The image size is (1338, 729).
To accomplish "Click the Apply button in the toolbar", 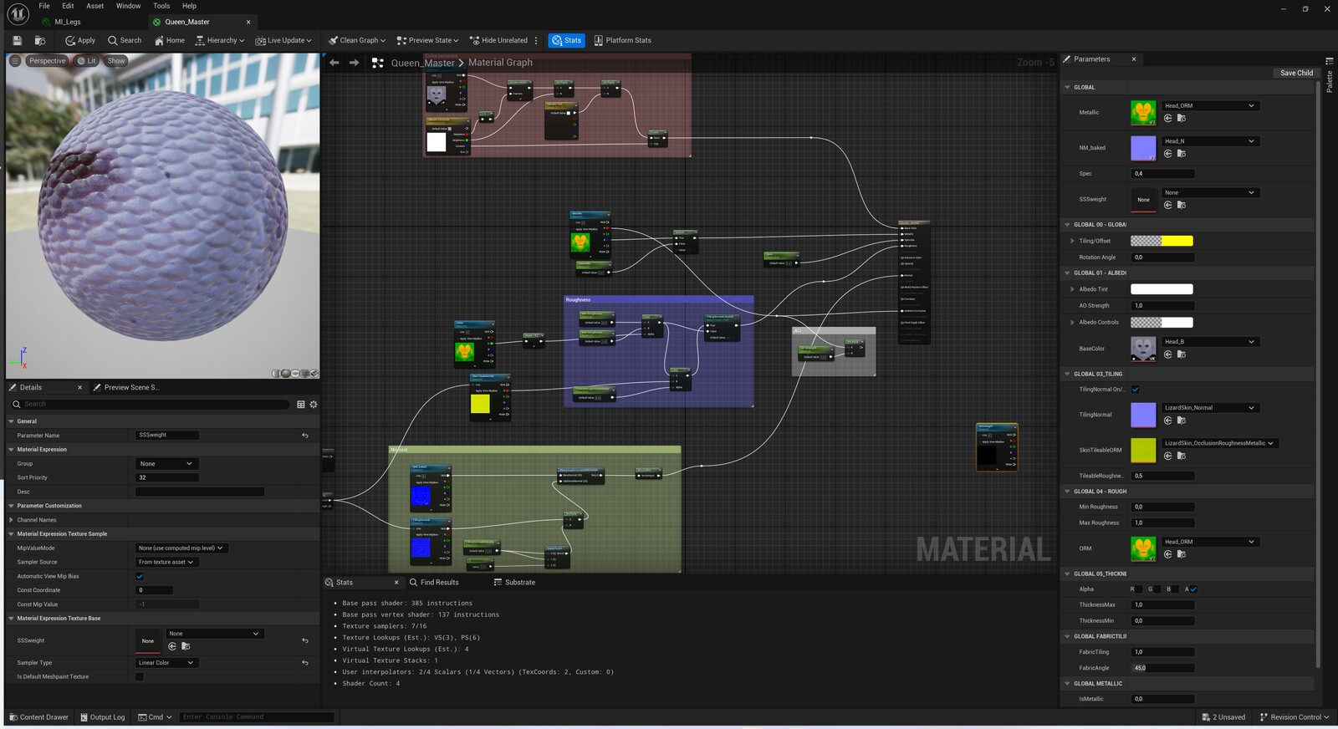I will coord(80,40).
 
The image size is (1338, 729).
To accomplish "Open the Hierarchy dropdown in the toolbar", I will coord(220,40).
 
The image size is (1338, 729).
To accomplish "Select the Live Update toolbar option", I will coord(283,40).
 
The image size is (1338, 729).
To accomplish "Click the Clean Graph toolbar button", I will coord(356,40).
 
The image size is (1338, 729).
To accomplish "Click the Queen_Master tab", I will coord(187,22).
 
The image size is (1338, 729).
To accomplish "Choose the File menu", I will coord(44,6).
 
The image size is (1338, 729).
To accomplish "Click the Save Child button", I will coord(1296,73).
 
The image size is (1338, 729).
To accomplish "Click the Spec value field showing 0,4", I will coord(1162,174).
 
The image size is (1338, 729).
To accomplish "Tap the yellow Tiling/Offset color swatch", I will coord(1177,241).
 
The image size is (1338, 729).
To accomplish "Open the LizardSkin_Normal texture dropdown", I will coord(1209,408).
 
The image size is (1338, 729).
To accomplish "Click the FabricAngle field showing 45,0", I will coord(1162,668).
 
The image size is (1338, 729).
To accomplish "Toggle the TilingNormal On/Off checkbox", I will coord(1136,390).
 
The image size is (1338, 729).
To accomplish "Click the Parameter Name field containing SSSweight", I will coord(167,435).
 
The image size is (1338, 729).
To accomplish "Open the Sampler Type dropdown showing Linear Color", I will coord(166,663).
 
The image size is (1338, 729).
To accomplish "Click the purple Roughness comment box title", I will coord(578,299).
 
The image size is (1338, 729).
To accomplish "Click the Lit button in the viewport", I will coord(87,61).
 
